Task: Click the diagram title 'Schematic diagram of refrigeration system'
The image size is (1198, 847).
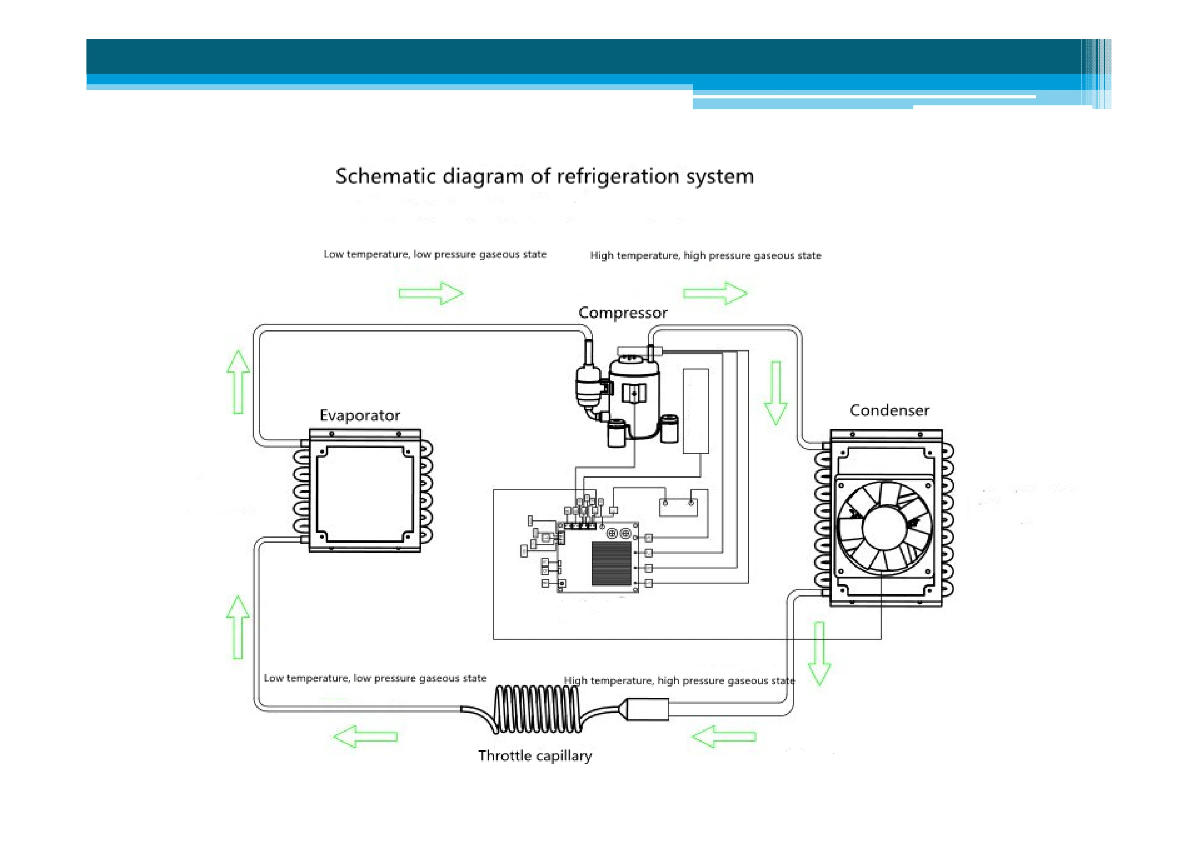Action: coord(544,176)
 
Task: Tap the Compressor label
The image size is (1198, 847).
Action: coord(622,313)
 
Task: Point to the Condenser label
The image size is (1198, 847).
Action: coord(889,411)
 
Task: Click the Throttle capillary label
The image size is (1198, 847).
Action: coord(535,756)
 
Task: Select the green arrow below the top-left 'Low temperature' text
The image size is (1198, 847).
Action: coord(431,293)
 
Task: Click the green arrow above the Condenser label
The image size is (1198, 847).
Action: coord(776,392)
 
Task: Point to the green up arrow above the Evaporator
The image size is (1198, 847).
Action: coord(238,382)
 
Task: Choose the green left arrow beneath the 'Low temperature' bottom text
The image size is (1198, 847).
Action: coord(365,736)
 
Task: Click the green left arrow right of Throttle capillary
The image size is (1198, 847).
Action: coord(724,736)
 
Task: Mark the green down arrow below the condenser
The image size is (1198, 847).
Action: coord(819,653)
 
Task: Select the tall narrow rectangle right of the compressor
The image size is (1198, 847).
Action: coord(696,411)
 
